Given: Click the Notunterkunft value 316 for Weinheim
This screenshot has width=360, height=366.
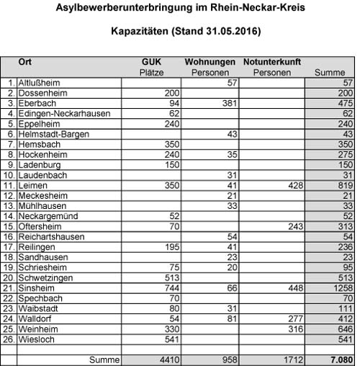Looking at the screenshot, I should click(x=289, y=327).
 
